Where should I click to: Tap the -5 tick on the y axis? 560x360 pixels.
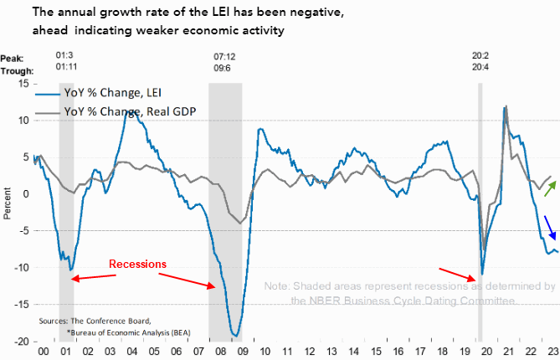pos(25,231)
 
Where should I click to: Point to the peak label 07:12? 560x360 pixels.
pos(224,58)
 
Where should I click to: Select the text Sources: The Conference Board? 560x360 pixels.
pos(95,321)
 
